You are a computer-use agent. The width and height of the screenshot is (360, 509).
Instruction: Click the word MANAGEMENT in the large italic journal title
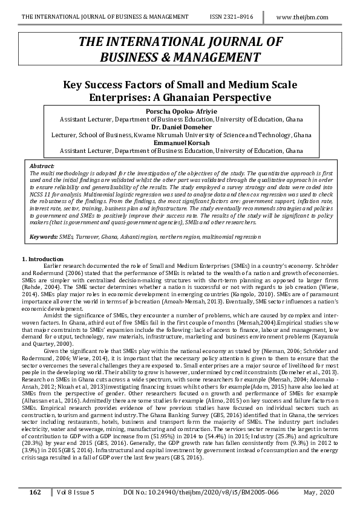218,57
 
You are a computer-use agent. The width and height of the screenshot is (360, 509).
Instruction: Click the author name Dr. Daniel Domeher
180,128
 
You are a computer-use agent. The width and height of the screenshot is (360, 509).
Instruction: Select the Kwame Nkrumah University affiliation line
180,135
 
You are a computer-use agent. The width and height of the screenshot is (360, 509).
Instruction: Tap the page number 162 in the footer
35,493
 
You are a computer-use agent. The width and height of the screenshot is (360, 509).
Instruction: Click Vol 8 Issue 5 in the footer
72,493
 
